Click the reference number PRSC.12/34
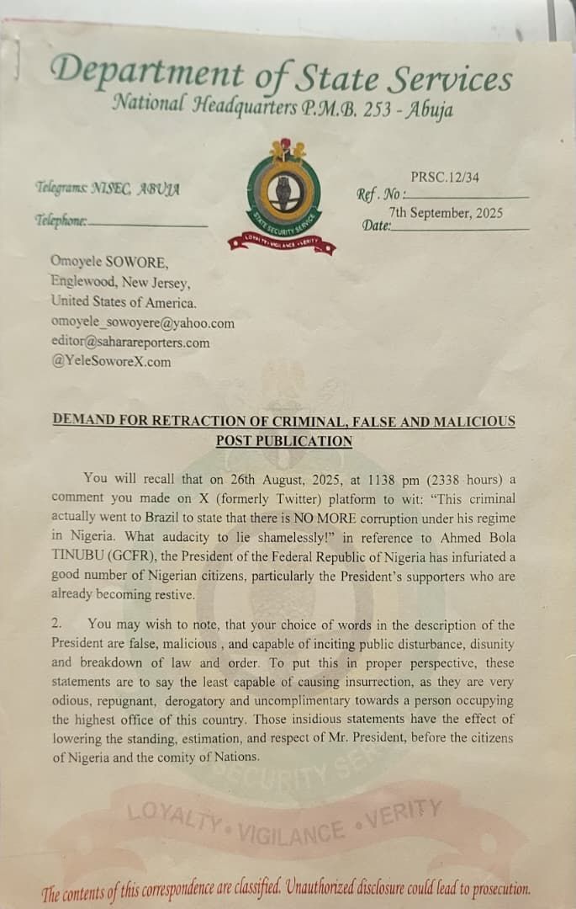[447, 177]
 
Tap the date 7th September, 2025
[446, 213]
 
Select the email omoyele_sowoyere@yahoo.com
[142, 323]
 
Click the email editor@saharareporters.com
[129, 343]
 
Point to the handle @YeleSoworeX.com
[110, 362]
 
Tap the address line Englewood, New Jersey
[120, 283]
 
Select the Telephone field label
[61, 221]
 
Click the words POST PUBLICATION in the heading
[283, 441]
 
